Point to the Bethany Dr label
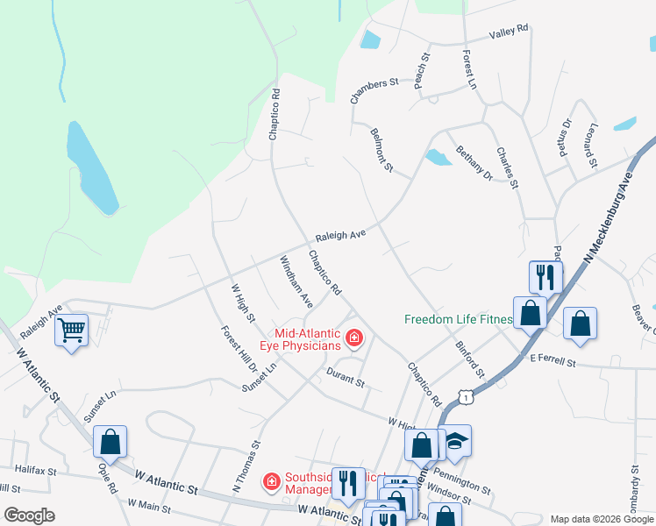pyautogui.click(x=474, y=162)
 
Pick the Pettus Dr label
pyautogui.click(x=564, y=138)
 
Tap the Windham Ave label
pyautogui.click(x=296, y=281)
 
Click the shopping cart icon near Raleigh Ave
pyautogui.click(x=71, y=331)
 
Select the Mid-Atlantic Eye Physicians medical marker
pyautogui.click(x=353, y=338)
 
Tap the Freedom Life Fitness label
pyautogui.click(x=458, y=319)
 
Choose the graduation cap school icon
pyautogui.click(x=455, y=441)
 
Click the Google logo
pyautogui.click(x=29, y=515)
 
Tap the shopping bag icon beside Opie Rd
pyautogui.click(x=111, y=442)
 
